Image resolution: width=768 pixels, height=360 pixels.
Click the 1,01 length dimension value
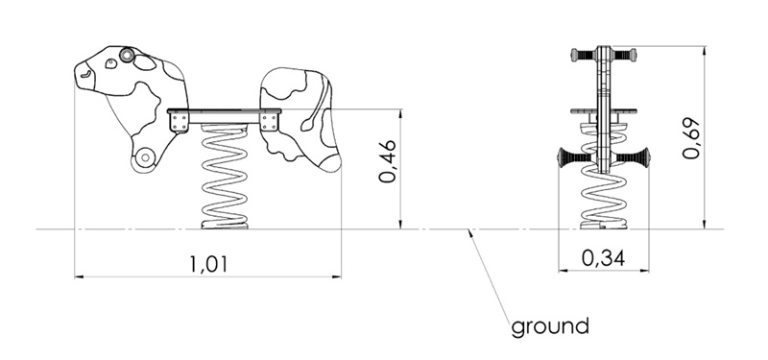point(209,264)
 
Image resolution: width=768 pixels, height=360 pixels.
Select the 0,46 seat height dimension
point(388,161)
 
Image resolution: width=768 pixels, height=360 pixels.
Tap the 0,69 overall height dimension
point(691,137)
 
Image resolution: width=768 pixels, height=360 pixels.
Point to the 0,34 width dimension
point(604,257)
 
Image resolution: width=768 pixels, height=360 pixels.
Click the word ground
point(549,326)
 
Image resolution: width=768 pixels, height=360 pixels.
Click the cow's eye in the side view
point(111,63)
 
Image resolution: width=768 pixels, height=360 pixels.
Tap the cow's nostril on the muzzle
point(86,74)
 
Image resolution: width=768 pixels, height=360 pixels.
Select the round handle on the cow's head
point(127,56)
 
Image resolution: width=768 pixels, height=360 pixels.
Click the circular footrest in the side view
point(146,157)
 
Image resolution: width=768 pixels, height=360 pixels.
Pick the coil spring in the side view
point(225,177)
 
